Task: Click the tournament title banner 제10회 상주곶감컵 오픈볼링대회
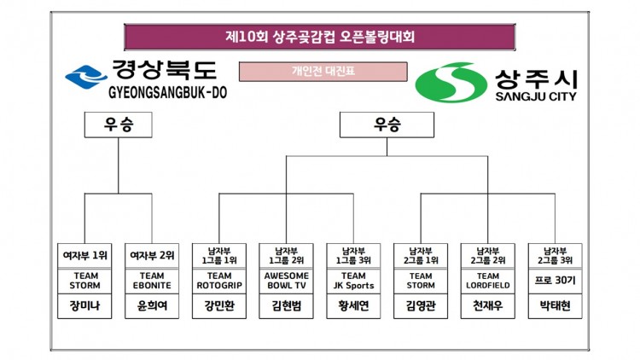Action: click(320, 38)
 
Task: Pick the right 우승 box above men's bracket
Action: click(386, 125)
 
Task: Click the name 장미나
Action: click(84, 307)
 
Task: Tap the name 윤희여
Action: click(152, 307)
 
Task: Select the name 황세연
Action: click(353, 307)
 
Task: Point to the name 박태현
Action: click(555, 307)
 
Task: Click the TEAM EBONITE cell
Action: click(152, 282)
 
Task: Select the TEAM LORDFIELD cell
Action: click(487, 282)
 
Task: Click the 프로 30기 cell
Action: click(555, 282)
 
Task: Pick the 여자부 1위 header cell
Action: click(84, 254)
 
